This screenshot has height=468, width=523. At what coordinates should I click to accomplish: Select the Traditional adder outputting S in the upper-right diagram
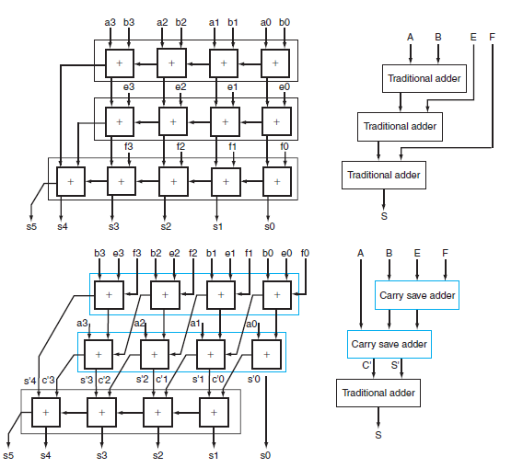pyautogui.click(x=383, y=175)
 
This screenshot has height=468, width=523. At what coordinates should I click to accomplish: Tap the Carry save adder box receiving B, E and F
pyautogui.click(x=417, y=295)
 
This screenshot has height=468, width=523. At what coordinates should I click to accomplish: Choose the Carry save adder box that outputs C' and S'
pyautogui.click(x=389, y=344)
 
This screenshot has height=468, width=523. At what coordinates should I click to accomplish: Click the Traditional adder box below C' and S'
pyautogui.click(x=378, y=393)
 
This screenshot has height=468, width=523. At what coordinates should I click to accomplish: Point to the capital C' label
pyautogui.click(x=366, y=365)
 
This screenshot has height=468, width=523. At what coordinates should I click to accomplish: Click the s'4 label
pyautogui.click(x=29, y=381)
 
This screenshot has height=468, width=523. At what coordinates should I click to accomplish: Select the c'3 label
pyautogui.click(x=48, y=381)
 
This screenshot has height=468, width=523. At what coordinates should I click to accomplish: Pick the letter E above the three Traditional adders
pyautogui.click(x=473, y=37)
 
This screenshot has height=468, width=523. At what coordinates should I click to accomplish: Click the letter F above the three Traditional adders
pyautogui.click(x=492, y=37)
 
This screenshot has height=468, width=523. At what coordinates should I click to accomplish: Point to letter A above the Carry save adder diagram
pyautogui.click(x=361, y=252)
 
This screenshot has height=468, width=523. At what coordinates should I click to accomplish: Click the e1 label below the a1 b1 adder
pyautogui.click(x=233, y=87)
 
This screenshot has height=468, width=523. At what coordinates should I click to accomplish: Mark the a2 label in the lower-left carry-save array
pyautogui.click(x=140, y=324)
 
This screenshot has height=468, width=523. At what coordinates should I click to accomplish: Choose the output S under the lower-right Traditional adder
pyautogui.click(x=378, y=435)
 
